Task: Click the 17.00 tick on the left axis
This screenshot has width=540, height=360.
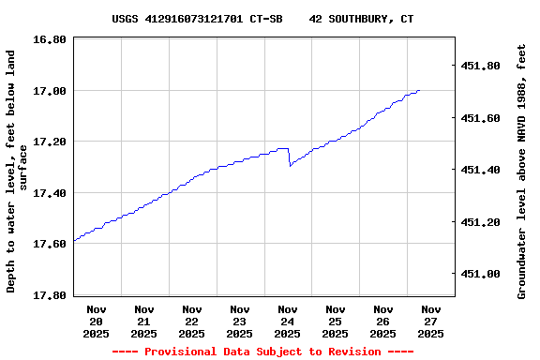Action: click(x=50, y=91)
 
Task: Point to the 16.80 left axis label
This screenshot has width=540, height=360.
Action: click(x=50, y=39)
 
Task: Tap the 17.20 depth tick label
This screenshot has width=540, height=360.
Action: click(x=50, y=142)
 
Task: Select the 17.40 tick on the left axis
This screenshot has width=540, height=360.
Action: click(x=50, y=193)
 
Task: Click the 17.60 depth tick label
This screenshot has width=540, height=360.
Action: click(x=50, y=244)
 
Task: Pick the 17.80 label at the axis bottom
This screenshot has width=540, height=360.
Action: click(x=50, y=295)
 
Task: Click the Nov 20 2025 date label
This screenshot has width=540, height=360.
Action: click(x=97, y=321)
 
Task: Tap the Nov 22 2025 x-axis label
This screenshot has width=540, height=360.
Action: click(x=192, y=321)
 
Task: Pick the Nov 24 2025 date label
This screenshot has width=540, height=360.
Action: click(x=288, y=321)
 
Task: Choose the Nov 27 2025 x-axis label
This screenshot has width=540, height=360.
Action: click(x=431, y=321)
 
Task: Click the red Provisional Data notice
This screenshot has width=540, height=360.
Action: click(x=262, y=352)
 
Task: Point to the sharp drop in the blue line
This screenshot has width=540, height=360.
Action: click(x=289, y=157)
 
